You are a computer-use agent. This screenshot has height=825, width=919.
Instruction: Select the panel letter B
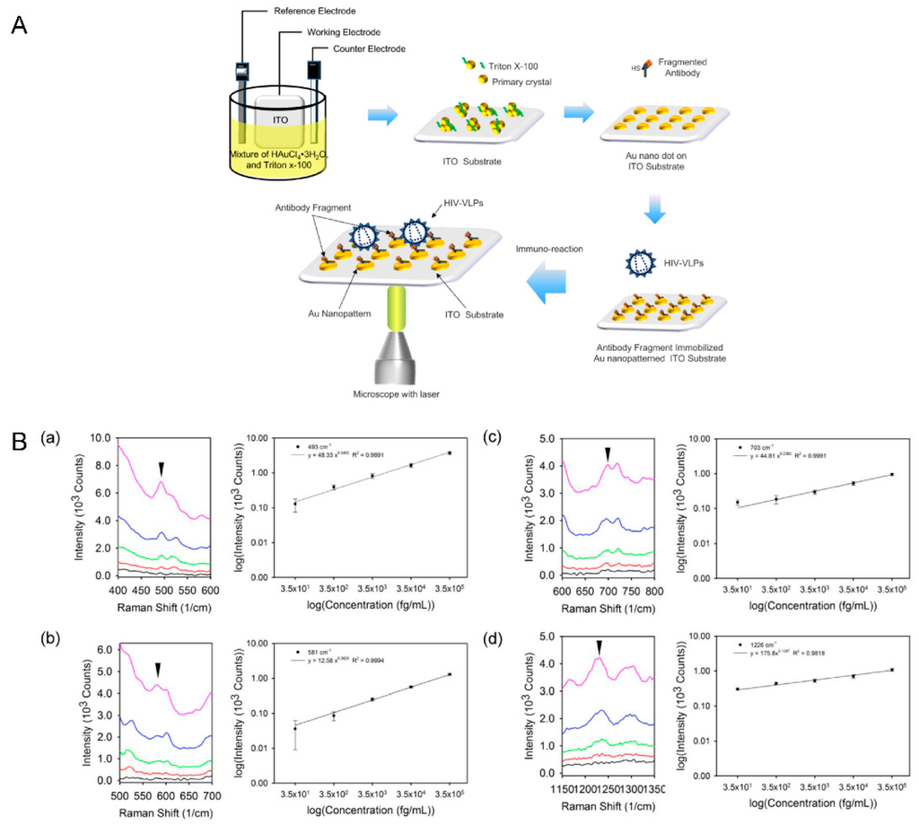pos(19,443)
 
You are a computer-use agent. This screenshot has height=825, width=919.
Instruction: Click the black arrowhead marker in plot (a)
pos(162,469)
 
